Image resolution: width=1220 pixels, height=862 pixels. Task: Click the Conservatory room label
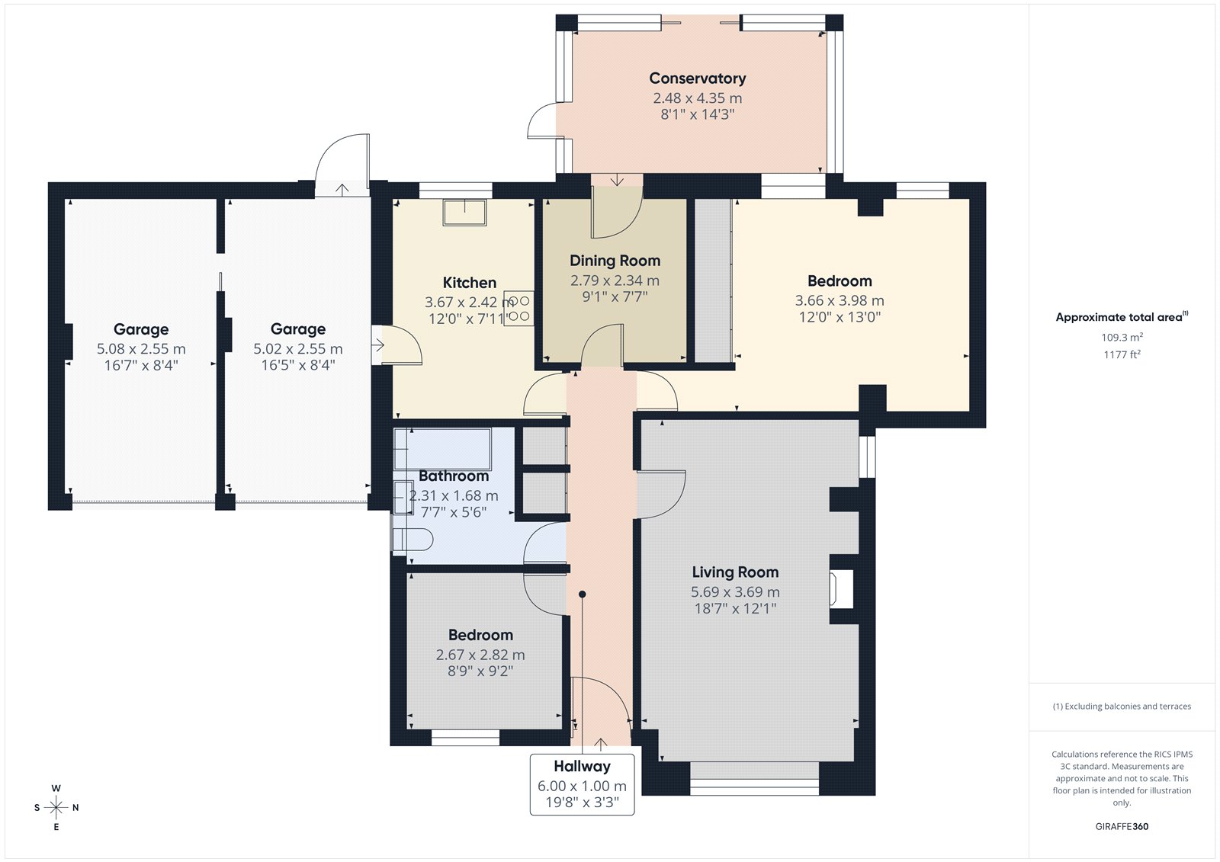click(x=697, y=79)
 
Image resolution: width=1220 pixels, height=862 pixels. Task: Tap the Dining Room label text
click(x=615, y=261)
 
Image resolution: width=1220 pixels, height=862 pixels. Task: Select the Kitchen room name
click(x=470, y=283)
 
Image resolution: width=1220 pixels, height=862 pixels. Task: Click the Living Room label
click(x=735, y=572)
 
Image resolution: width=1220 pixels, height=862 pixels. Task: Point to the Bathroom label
click(x=454, y=476)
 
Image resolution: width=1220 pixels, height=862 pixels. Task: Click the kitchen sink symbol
click(x=464, y=213)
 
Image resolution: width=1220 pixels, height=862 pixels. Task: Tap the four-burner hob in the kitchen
click(x=518, y=309)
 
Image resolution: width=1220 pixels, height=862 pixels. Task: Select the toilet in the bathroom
click(x=413, y=540)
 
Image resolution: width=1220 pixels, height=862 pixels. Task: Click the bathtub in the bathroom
click(x=442, y=449)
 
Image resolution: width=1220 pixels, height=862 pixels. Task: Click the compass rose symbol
click(x=56, y=808)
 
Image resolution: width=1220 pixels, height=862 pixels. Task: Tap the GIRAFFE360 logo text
click(x=1122, y=827)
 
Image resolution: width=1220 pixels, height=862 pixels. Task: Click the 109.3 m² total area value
click(x=1122, y=337)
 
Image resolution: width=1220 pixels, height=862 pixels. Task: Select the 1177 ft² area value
click(x=1122, y=354)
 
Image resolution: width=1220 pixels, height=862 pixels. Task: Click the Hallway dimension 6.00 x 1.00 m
click(x=583, y=786)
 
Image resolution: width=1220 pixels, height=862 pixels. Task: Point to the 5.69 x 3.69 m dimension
click(x=735, y=592)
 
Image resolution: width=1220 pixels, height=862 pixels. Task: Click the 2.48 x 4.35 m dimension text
click(x=698, y=98)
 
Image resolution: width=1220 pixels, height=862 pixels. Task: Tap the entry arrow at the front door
click(x=600, y=745)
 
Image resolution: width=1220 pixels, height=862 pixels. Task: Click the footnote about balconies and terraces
click(x=1122, y=707)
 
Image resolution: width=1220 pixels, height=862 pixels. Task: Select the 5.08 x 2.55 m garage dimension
click(x=141, y=348)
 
